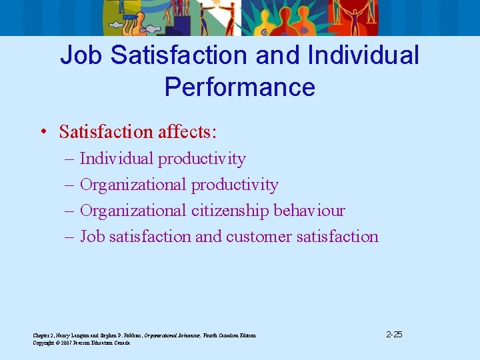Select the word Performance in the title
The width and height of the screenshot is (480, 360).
tap(240, 87)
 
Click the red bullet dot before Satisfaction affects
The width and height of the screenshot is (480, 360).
tap(42, 132)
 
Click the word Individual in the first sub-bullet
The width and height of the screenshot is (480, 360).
tap(117, 159)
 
